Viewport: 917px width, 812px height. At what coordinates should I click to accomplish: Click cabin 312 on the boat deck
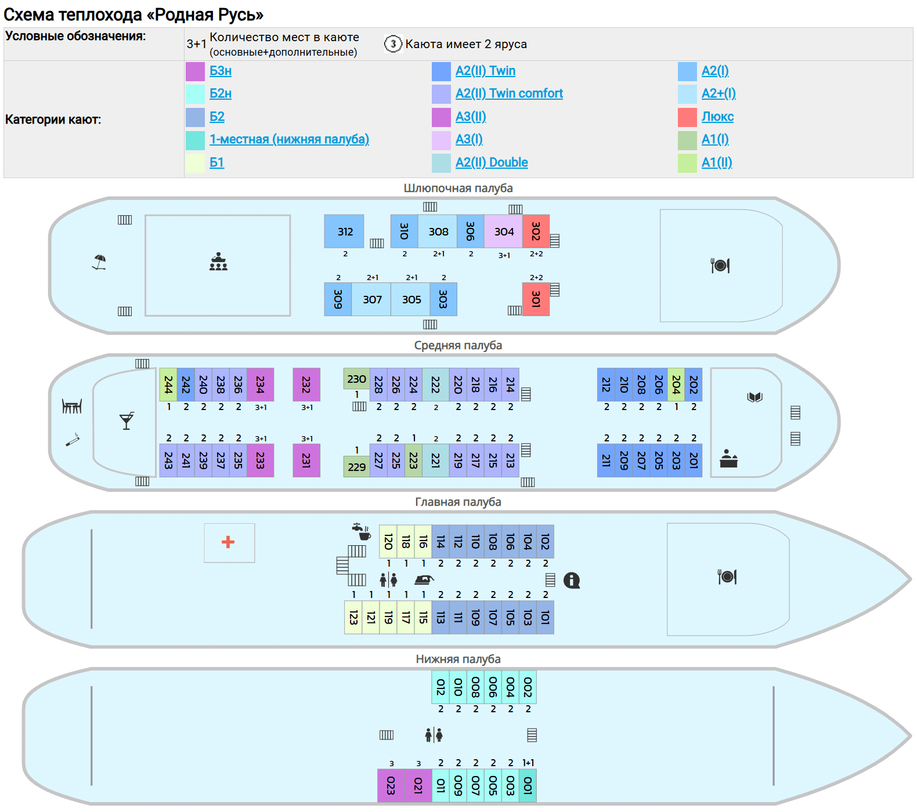(x=344, y=231)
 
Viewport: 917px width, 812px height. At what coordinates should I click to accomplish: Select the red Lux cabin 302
(x=536, y=231)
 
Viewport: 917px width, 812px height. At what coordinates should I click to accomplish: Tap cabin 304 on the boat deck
(x=503, y=231)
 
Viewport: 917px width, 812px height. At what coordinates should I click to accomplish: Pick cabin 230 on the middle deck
(x=356, y=379)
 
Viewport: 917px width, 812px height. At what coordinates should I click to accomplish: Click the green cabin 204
(x=676, y=385)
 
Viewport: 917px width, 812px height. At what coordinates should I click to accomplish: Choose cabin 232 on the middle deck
(x=306, y=385)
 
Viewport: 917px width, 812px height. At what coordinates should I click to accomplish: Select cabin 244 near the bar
(x=168, y=385)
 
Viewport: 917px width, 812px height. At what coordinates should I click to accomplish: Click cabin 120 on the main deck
(x=388, y=542)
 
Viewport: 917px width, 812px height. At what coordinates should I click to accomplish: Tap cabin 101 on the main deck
(x=545, y=617)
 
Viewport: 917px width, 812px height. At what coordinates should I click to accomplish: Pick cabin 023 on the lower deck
(x=391, y=785)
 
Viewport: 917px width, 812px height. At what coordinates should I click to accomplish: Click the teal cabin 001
(x=528, y=785)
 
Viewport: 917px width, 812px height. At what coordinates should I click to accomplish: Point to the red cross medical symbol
(x=228, y=542)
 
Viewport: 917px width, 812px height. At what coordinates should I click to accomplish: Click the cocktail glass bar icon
(x=127, y=420)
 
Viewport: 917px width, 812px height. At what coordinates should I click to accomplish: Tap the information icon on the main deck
(x=572, y=580)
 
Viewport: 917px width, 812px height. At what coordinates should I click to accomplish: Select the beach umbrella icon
(x=99, y=262)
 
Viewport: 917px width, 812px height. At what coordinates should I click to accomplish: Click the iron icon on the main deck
(x=424, y=579)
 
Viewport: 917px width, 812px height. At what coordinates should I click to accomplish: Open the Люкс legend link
(x=717, y=117)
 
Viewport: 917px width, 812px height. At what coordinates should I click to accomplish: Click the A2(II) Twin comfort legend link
(x=509, y=93)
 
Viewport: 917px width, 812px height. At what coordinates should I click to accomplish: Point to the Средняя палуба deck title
(x=458, y=345)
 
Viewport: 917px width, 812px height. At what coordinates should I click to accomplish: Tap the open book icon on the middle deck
(x=754, y=397)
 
